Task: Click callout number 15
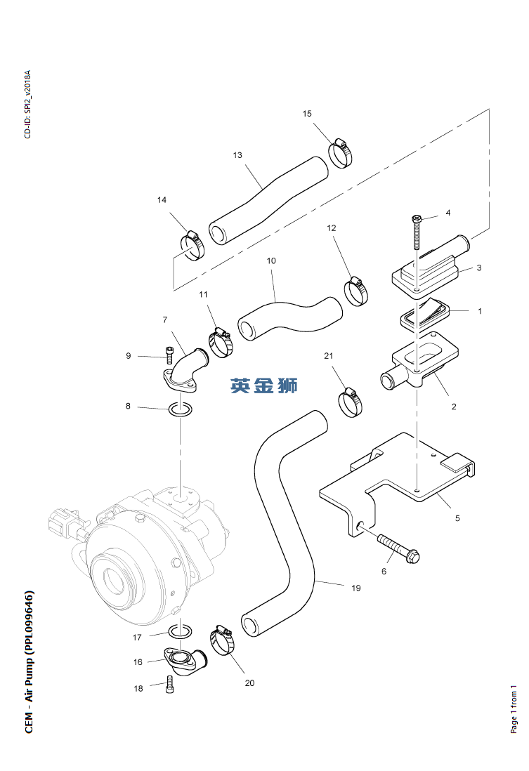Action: (x=307, y=114)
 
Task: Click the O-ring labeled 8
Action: (x=180, y=409)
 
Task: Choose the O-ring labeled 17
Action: (x=180, y=631)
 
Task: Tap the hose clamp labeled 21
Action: (x=351, y=403)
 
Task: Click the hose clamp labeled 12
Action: (x=356, y=291)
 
